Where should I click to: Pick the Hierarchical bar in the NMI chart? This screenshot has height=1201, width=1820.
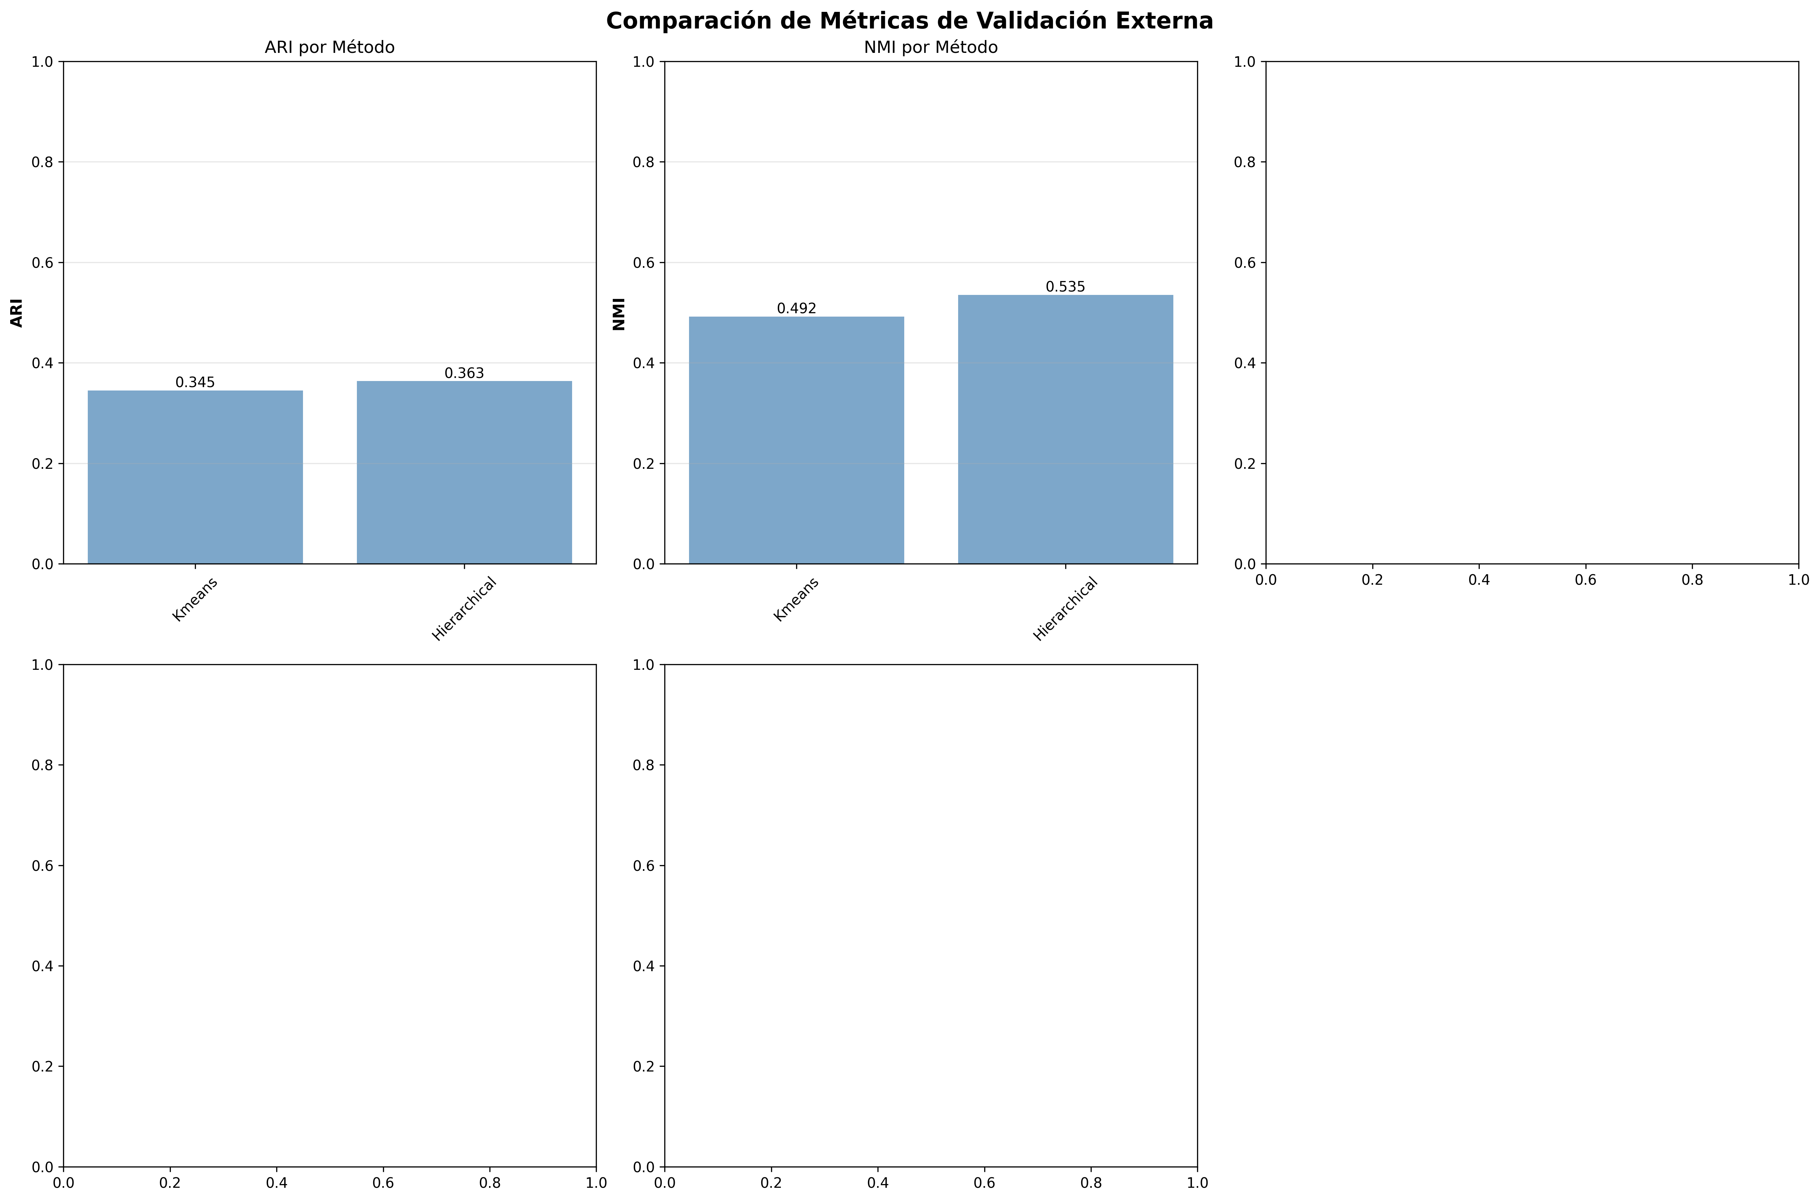(1065, 429)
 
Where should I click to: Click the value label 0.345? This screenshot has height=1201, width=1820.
(195, 382)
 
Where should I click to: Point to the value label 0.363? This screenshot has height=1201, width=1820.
(464, 373)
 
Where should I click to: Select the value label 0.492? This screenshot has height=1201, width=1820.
(796, 309)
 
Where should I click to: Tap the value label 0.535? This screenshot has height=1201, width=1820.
(1065, 287)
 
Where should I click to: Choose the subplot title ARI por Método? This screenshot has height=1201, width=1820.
(329, 47)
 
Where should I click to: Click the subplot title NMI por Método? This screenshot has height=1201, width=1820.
(930, 47)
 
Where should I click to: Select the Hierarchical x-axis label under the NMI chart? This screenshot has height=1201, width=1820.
(1065, 609)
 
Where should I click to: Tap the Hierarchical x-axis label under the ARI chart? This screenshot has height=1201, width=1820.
(464, 609)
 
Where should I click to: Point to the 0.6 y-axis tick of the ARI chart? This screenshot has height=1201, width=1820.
(43, 263)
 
